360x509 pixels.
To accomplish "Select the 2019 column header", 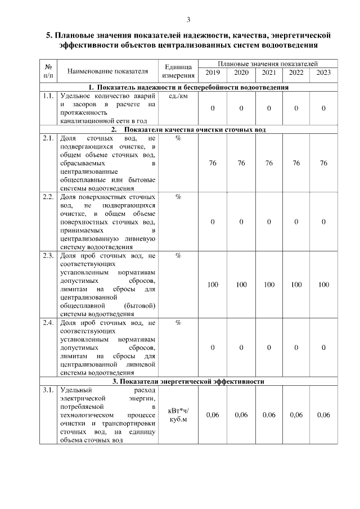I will coord(213,73).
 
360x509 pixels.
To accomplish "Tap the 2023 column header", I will coord(323,73).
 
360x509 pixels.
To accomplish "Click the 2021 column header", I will coord(269,73).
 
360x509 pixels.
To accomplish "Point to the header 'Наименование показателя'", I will coord(107,71).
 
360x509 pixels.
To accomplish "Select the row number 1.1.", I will coord(48,96).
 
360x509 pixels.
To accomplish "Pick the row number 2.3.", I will coord(48,256).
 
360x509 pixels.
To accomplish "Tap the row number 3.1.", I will coord(48,390).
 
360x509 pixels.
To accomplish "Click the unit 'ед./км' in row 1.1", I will coord(178,96).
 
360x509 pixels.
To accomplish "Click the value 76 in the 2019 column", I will coord(213,163).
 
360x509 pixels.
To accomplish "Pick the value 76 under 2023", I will coord(323,163).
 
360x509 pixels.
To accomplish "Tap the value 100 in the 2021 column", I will coord(269,285).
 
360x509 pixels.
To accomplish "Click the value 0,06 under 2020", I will coord(241,415).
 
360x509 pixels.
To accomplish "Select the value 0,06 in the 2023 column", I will coord(323,415).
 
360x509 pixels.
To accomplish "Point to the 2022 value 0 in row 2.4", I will coord(296,348).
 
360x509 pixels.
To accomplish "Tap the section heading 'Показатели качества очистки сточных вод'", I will coord(188,129).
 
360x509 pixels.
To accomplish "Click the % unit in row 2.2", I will coord(178,197).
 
